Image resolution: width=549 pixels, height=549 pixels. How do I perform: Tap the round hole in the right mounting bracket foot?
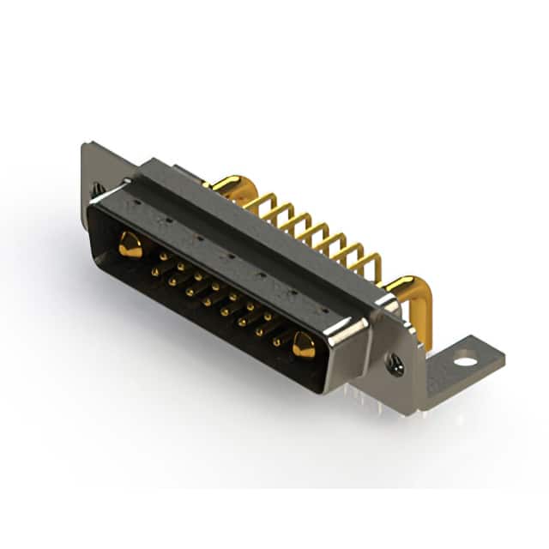click(464, 360)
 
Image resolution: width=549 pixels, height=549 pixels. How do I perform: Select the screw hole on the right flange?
click(395, 365)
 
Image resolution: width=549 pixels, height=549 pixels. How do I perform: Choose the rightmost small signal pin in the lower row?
click(276, 341)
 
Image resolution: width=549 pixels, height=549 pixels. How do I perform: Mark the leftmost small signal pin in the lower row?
click(154, 271)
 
